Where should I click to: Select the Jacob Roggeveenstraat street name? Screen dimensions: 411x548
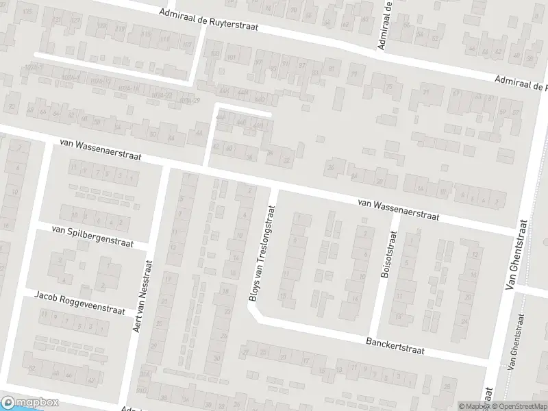79,303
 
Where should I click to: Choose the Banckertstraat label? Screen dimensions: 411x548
395,345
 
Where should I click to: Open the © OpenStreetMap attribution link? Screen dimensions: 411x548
520,406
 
